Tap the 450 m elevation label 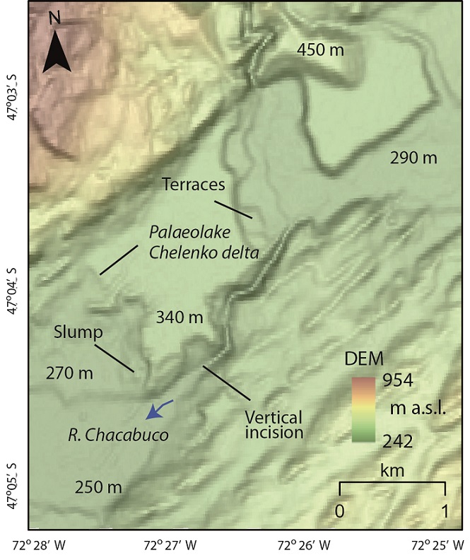(x=317, y=50)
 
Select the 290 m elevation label (x=414, y=158)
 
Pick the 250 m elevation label (x=98, y=488)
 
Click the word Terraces (x=193, y=185)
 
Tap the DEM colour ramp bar (x=362, y=409)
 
